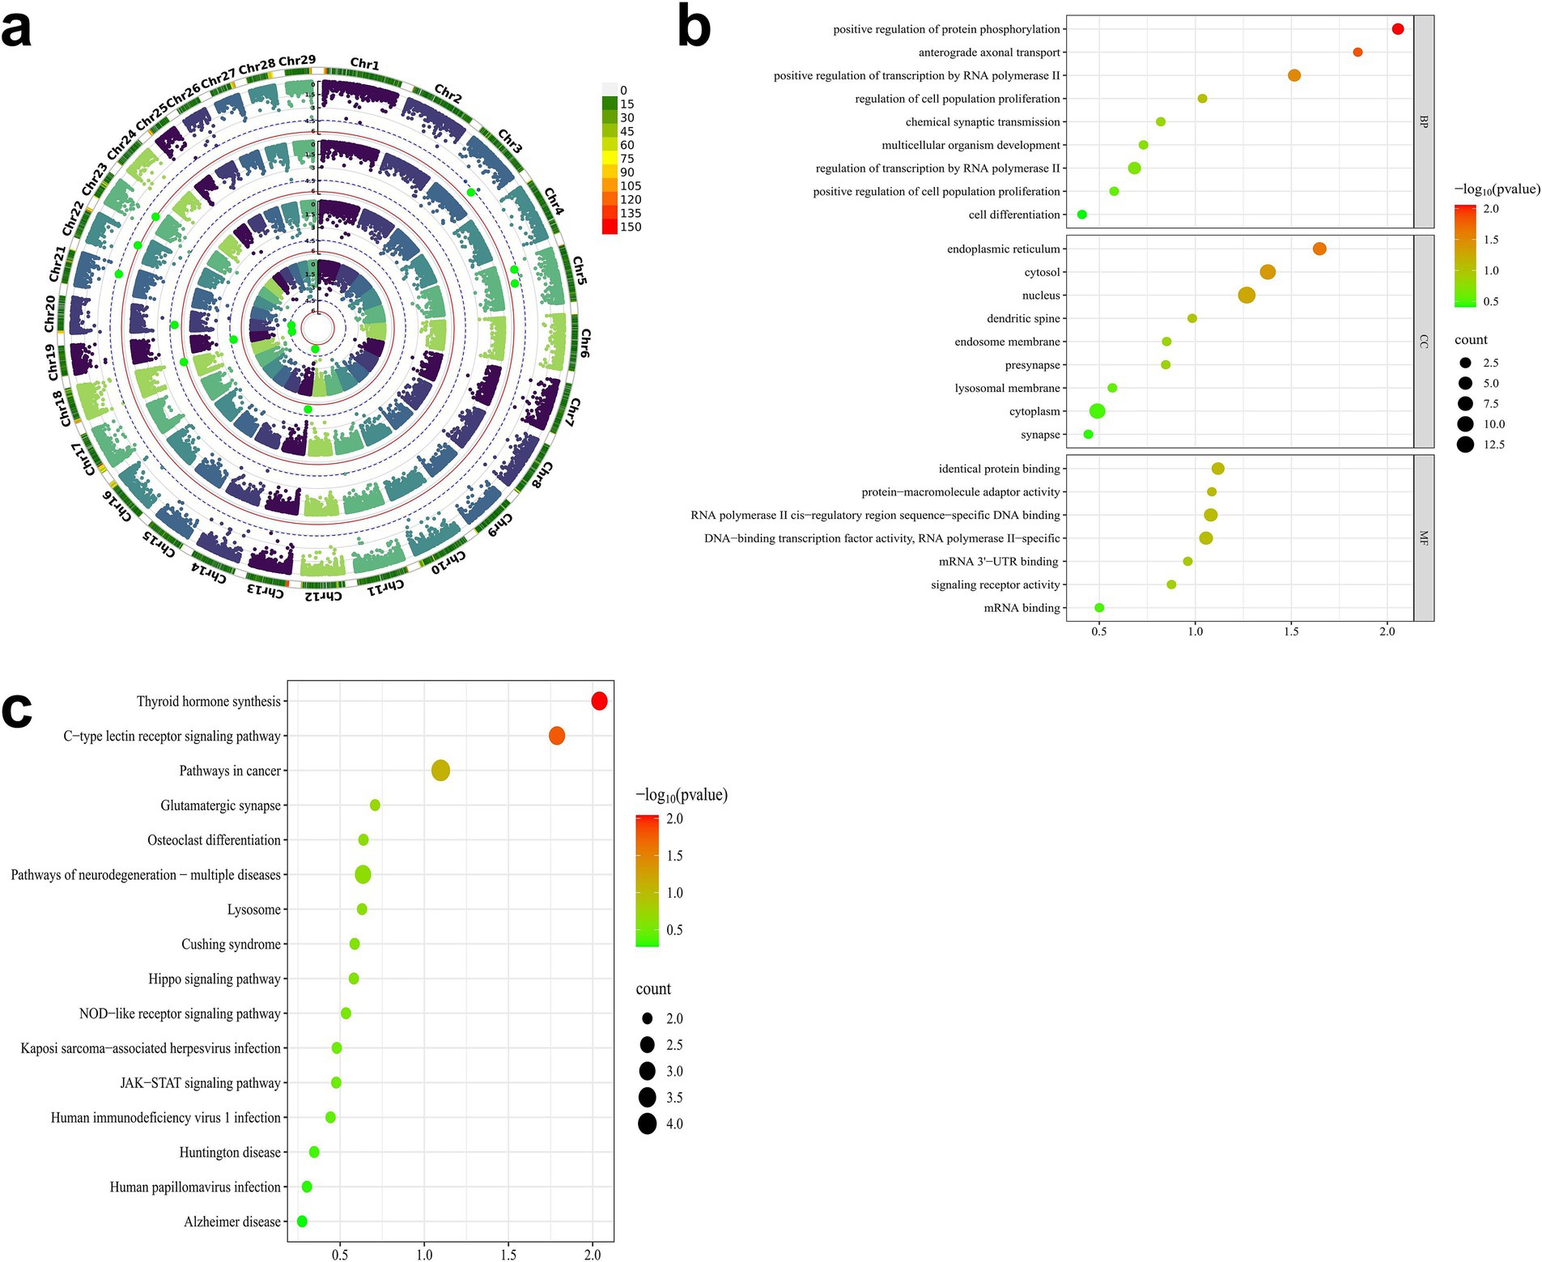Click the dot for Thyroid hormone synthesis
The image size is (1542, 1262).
pyautogui.click(x=599, y=701)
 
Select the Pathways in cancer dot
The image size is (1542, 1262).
pyautogui.click(x=440, y=771)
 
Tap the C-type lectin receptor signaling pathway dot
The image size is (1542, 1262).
pyautogui.click(x=557, y=736)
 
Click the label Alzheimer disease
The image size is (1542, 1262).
pyautogui.click(x=232, y=1222)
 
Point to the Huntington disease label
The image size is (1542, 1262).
pyautogui.click(x=230, y=1152)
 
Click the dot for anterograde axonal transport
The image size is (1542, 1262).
pyautogui.click(x=1357, y=53)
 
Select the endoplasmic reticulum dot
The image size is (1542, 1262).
pyautogui.click(x=1319, y=249)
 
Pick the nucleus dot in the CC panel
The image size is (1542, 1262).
pyautogui.click(x=1247, y=295)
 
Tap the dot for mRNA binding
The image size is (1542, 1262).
pyautogui.click(x=1099, y=608)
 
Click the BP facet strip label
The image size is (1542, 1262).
pyautogui.click(x=1424, y=121)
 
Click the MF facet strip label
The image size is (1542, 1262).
pyautogui.click(x=1424, y=538)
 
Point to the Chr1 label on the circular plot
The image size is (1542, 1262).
pyautogui.click(x=364, y=64)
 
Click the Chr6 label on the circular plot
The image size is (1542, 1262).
pyautogui.click(x=585, y=343)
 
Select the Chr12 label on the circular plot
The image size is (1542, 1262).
pyautogui.click(x=323, y=597)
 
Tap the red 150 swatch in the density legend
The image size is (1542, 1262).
pyautogui.click(x=610, y=227)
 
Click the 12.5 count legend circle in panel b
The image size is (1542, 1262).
pyautogui.click(x=1465, y=444)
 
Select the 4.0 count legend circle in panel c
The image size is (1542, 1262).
pyautogui.click(x=647, y=1124)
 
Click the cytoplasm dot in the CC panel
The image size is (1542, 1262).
pyautogui.click(x=1097, y=411)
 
